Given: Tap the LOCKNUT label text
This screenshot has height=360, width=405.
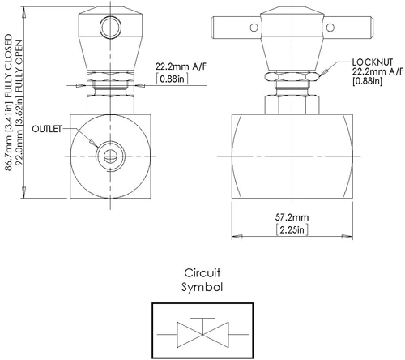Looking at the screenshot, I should pos(373,62).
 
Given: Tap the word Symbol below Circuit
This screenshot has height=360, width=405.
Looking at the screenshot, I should pos(202,286).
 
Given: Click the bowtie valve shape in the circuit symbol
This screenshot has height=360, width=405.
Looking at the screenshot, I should pos(202,332).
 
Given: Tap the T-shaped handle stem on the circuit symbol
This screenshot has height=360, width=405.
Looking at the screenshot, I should pos(202,322).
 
